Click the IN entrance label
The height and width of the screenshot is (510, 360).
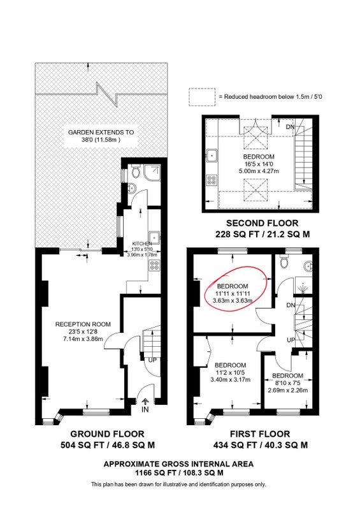[x=145, y=409]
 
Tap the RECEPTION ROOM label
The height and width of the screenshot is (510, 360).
[x=83, y=324]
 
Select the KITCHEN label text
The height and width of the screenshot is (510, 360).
[x=142, y=244]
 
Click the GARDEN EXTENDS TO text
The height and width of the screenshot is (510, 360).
[x=101, y=133]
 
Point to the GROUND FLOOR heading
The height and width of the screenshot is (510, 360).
[x=107, y=434]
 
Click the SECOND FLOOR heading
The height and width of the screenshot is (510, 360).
[x=262, y=223]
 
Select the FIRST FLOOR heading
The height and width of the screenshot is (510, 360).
[x=260, y=434]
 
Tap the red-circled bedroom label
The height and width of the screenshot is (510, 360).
[x=233, y=286]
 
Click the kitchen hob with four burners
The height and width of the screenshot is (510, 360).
[x=154, y=265]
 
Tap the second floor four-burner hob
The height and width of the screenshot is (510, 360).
[x=212, y=180]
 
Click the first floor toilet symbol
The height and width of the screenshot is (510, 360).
[x=284, y=261]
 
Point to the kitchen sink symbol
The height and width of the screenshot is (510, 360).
[x=154, y=237]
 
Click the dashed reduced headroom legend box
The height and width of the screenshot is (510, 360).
[x=202, y=97]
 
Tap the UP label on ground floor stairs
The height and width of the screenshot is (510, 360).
[x=152, y=360]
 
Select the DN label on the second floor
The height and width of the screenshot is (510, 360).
[x=290, y=127]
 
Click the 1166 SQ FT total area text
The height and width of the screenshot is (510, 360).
[x=179, y=473]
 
